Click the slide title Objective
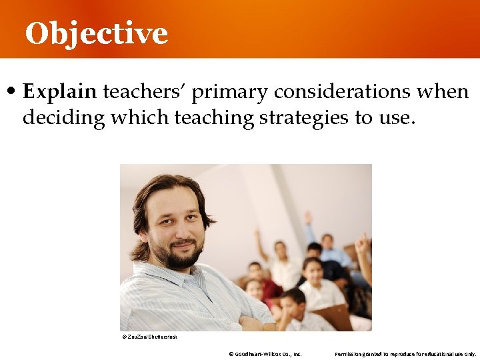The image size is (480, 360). click(x=96, y=33)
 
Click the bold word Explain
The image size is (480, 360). click(x=60, y=92)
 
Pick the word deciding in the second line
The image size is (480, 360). click(x=64, y=118)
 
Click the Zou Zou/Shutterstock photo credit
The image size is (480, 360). click(x=149, y=337)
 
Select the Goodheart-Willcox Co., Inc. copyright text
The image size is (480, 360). click(x=265, y=354)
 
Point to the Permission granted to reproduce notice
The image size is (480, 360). click(x=405, y=354)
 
